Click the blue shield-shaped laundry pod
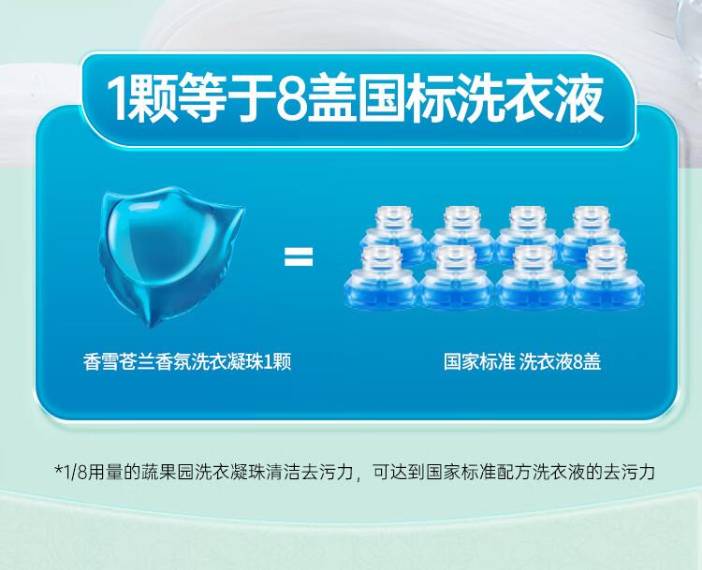click(171, 256)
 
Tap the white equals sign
click(299, 257)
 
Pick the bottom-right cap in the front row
click(607, 278)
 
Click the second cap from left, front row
click(457, 278)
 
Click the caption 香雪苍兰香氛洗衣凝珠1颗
click(187, 362)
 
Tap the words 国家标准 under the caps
click(479, 362)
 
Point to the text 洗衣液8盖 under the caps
click(560, 362)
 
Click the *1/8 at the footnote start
click(70, 472)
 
